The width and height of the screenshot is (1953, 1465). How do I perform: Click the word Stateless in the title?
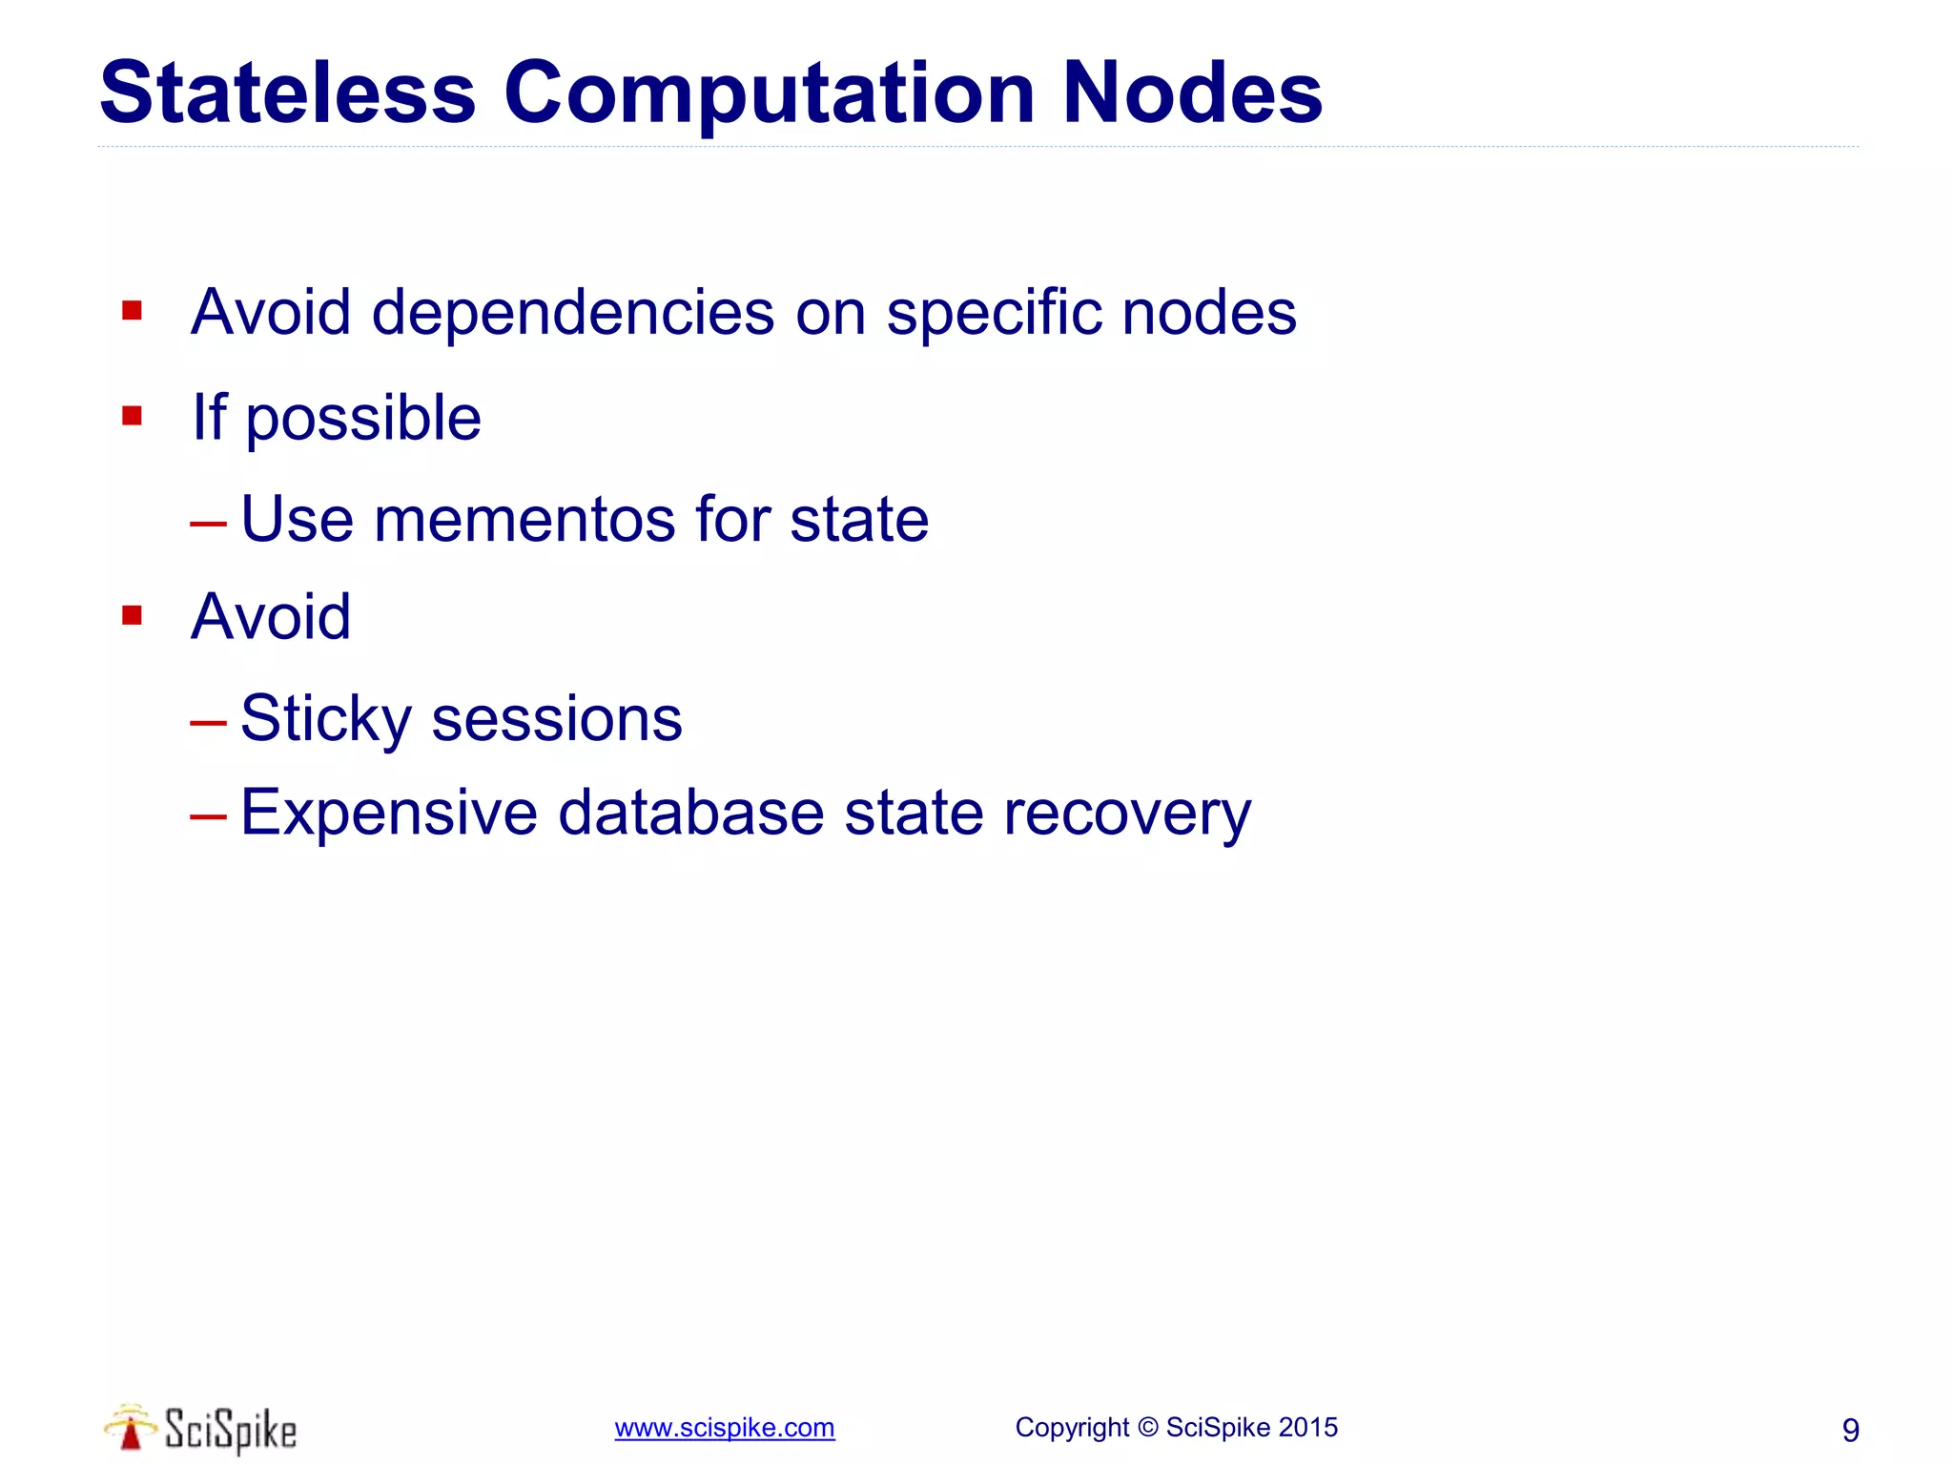(x=287, y=93)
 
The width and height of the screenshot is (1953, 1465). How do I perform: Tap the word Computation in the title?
(x=769, y=93)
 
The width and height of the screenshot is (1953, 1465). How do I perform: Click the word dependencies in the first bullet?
(x=573, y=312)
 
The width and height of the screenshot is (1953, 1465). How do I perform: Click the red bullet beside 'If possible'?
(x=132, y=416)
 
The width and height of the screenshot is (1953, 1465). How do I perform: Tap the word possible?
(x=363, y=418)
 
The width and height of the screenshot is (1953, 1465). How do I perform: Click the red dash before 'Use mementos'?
(x=208, y=523)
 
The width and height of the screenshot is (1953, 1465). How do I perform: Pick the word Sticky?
(x=325, y=718)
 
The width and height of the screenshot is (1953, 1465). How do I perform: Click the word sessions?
(x=557, y=718)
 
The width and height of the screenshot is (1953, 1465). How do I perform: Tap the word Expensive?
(x=389, y=813)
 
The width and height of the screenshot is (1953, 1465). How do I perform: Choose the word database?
(x=690, y=813)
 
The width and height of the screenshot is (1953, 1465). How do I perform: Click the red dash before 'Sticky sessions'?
(x=208, y=722)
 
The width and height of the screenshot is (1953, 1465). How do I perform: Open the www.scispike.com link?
(x=725, y=1428)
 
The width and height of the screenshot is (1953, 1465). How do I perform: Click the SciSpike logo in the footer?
(x=201, y=1429)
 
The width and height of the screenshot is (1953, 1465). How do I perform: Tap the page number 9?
(x=1850, y=1430)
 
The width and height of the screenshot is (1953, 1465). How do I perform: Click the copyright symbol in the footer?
(x=1148, y=1428)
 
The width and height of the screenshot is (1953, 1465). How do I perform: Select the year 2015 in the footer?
(x=1307, y=1428)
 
